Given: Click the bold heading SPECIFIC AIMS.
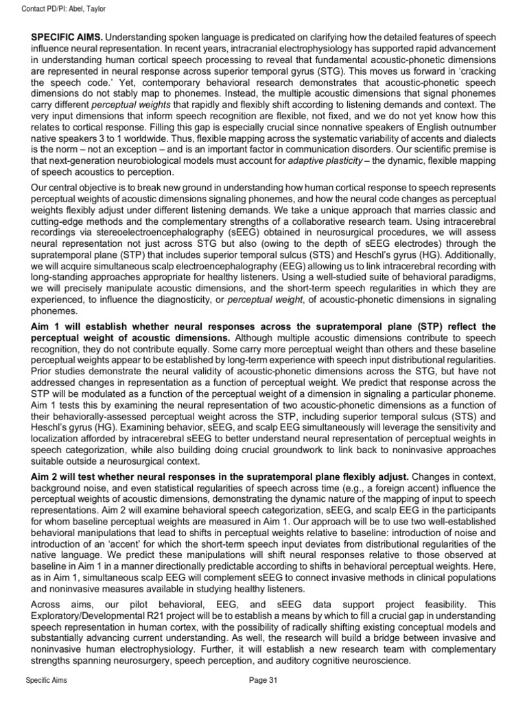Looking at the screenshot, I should (68, 36).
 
